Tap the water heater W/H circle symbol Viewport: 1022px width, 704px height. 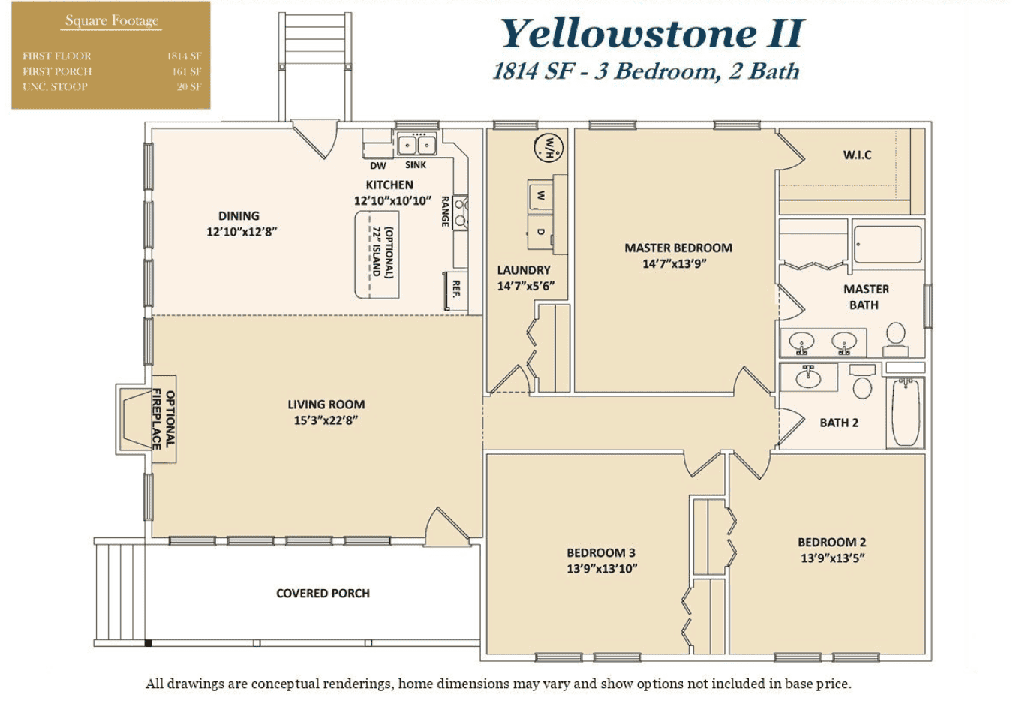click(549, 147)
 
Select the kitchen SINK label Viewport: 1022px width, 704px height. click(416, 165)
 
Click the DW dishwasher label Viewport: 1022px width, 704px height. click(378, 166)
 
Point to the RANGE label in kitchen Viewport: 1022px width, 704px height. click(445, 212)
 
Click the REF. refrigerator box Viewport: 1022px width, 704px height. click(455, 290)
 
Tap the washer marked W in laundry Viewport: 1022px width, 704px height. click(540, 196)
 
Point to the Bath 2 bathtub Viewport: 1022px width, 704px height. click(905, 412)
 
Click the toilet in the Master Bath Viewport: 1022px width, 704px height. click(896, 338)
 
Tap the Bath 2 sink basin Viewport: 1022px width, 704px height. click(808, 378)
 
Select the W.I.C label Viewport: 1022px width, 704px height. click(857, 155)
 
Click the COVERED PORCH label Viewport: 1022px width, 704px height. click(323, 594)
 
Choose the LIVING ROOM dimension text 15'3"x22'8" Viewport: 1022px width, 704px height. click(326, 420)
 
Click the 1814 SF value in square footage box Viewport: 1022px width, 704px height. click(184, 56)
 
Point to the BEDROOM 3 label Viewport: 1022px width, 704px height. click(601, 552)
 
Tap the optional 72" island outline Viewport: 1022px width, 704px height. click(377, 254)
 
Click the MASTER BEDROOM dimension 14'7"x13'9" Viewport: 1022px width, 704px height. click(674, 264)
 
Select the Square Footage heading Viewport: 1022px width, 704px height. click(112, 21)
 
